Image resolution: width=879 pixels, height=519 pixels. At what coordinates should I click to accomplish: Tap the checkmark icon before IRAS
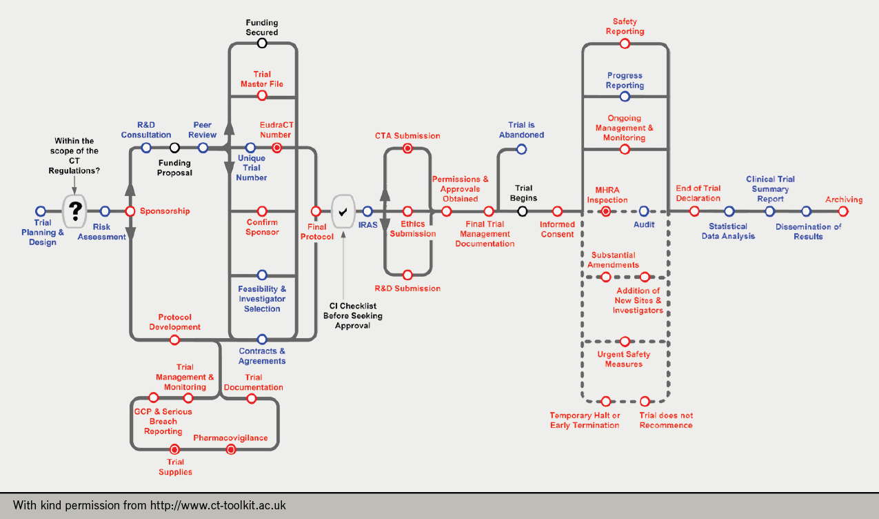pos(343,211)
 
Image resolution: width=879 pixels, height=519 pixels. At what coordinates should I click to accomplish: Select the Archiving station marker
pos(842,211)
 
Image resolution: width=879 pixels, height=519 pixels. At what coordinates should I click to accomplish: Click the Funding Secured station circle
pos(262,43)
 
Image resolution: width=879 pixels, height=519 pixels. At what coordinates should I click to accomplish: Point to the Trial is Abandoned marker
pos(521,149)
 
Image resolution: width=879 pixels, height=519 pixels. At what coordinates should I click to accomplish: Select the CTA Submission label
pos(407,136)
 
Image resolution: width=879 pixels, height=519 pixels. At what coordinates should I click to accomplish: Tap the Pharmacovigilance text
pos(230,438)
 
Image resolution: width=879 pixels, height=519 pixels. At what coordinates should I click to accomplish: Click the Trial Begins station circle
pos(523,211)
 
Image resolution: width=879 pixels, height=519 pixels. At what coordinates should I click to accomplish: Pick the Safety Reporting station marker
pos(625,43)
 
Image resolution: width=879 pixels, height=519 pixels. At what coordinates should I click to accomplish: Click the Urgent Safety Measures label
pos(624,360)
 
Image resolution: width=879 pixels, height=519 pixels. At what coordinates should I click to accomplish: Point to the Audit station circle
pos(644,211)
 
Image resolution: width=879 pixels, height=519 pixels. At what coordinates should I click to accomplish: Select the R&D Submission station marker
pos(407,275)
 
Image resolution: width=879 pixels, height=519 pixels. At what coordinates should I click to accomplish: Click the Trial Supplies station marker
pos(175,449)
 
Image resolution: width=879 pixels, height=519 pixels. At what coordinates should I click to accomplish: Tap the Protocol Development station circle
pos(175,340)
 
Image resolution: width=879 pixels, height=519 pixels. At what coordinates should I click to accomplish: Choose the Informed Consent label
pos(557,229)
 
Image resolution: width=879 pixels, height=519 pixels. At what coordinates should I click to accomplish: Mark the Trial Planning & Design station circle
pos(41,211)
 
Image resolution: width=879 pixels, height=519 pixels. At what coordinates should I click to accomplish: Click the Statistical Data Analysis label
pos(728,231)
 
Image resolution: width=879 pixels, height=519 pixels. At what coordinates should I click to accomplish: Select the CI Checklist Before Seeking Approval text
pos(356,315)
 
